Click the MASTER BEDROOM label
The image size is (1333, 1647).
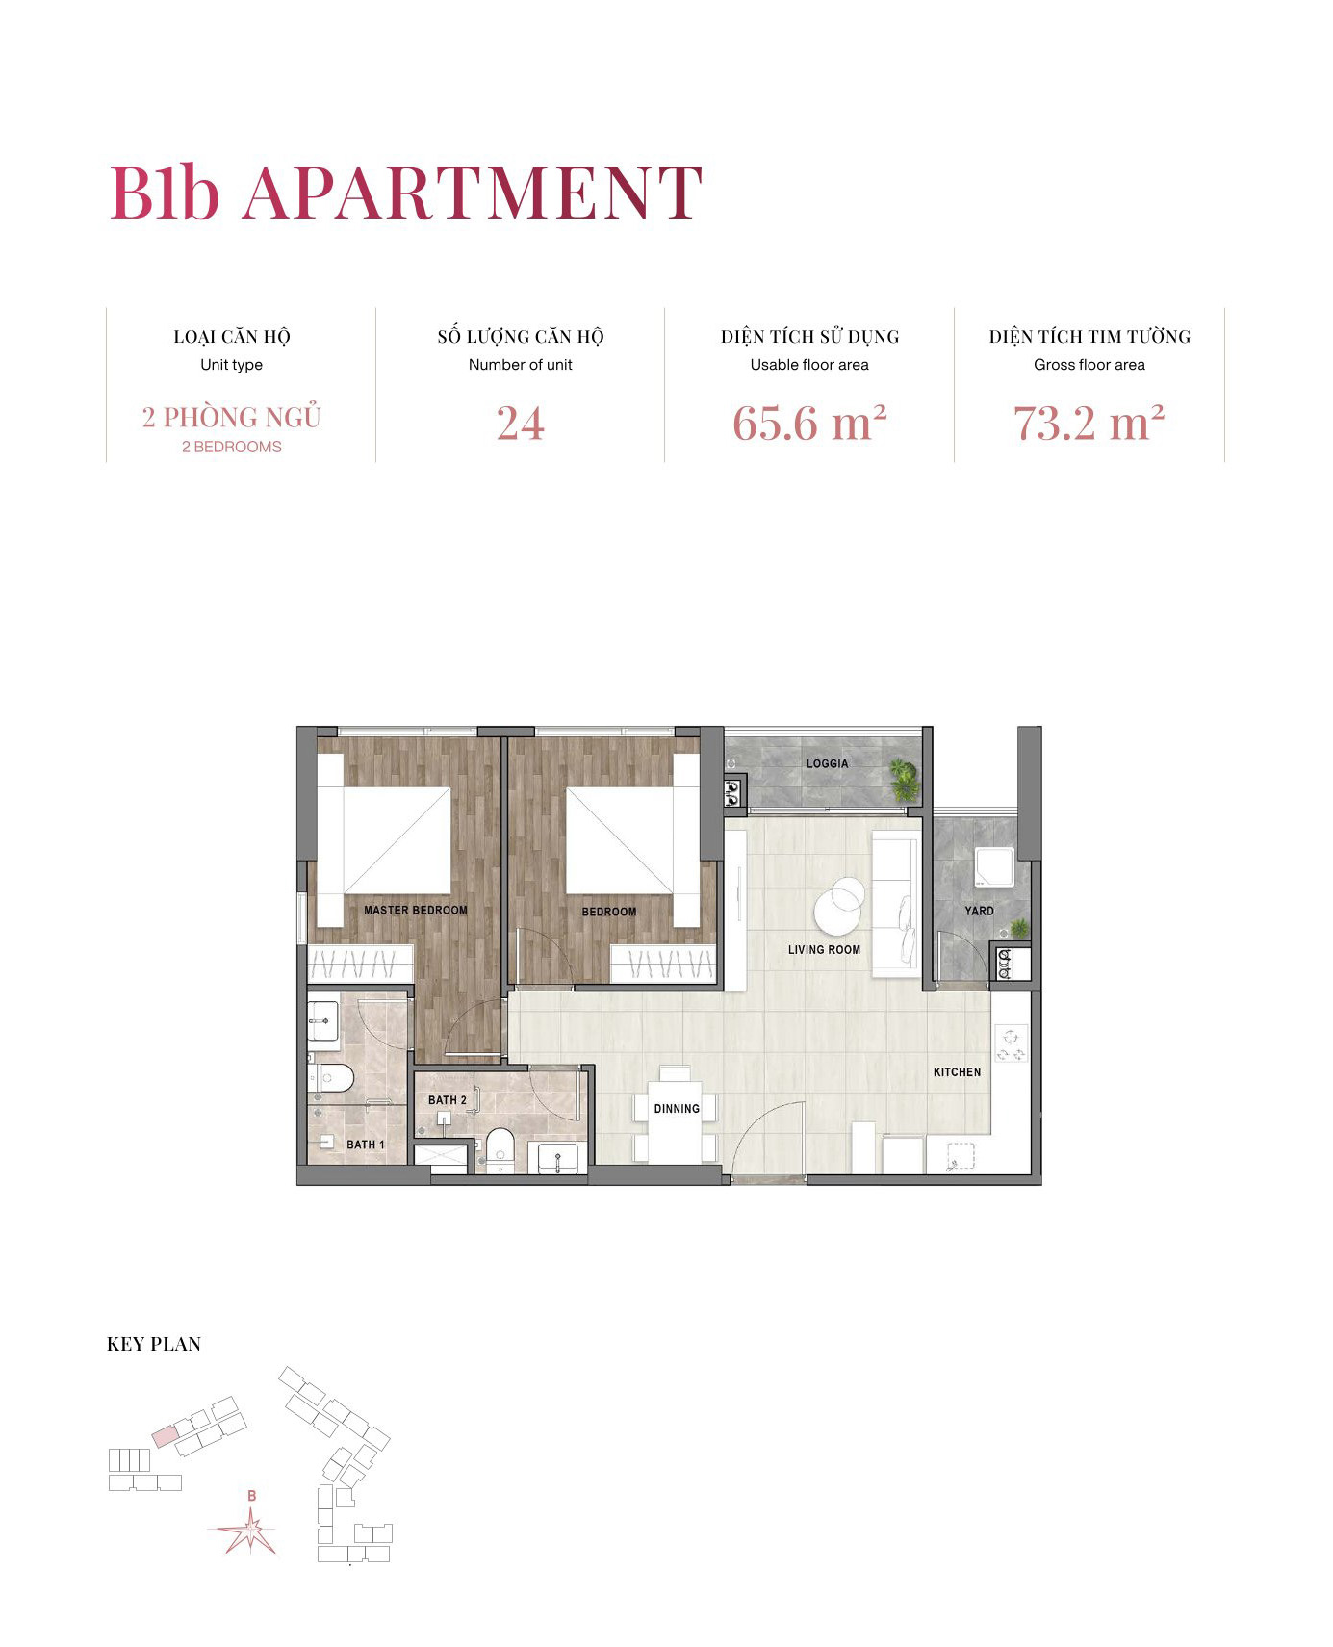coord(415,910)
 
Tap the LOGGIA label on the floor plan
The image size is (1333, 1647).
coord(827,763)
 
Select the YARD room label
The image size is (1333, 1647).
coord(979,911)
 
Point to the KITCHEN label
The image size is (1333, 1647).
coord(957,1072)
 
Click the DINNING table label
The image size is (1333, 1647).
coord(677,1109)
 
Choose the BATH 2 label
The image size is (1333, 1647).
coord(447,1100)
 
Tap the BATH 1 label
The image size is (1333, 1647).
coord(365,1145)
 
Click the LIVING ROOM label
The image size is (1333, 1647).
coord(824,950)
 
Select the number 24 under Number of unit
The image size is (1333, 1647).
coord(520,424)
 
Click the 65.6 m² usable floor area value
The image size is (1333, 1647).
coord(808,424)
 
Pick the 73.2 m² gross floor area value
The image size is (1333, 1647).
coord(1089,424)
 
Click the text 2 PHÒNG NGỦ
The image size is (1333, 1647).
coord(231,418)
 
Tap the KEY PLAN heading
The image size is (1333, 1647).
coord(154,1345)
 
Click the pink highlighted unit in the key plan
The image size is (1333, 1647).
coord(166,1436)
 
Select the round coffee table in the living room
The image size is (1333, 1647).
coord(837,905)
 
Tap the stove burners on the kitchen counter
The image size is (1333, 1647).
coord(1011,1045)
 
